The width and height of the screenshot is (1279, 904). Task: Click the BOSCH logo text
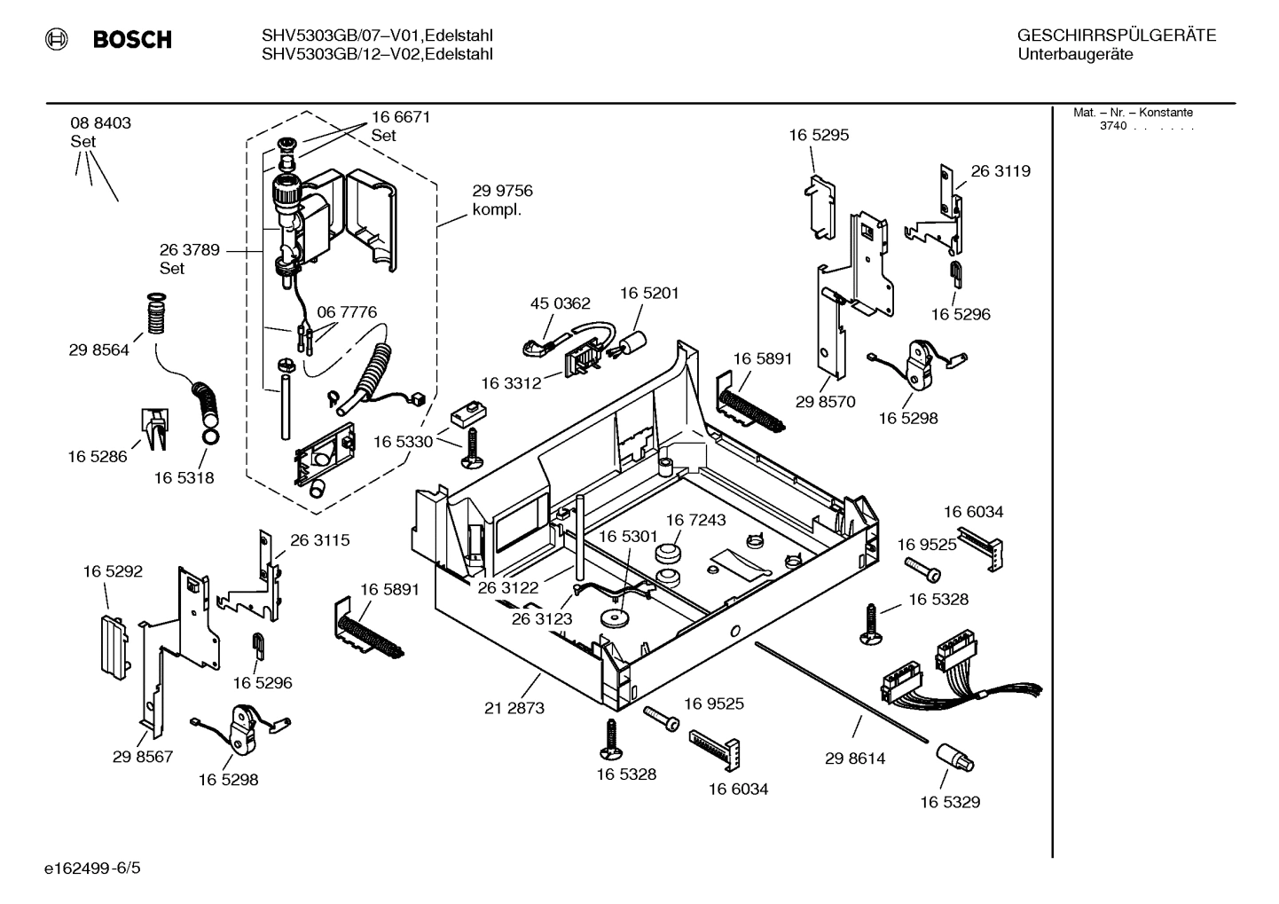point(131,40)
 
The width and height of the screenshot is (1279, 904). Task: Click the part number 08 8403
point(100,123)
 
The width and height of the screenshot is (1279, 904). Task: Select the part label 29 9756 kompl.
point(502,200)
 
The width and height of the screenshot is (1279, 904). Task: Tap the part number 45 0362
point(560,303)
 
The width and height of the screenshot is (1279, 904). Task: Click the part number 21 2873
point(514,708)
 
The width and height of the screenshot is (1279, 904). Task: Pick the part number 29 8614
point(855,759)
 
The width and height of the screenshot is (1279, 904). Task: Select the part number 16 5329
point(950,802)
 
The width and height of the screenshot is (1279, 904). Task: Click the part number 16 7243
point(695,520)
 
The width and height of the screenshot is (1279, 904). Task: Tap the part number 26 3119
point(1000,171)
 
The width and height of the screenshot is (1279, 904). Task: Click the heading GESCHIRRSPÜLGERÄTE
point(1116,35)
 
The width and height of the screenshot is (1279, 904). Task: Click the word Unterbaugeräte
point(1075,55)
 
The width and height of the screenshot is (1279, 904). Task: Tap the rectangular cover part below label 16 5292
point(109,642)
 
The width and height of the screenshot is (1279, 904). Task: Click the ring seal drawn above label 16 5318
point(211,436)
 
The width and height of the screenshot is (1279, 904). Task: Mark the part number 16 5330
point(403,442)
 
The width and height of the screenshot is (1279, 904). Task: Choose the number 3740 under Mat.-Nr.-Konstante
point(1112,126)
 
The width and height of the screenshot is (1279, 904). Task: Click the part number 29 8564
point(98,350)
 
